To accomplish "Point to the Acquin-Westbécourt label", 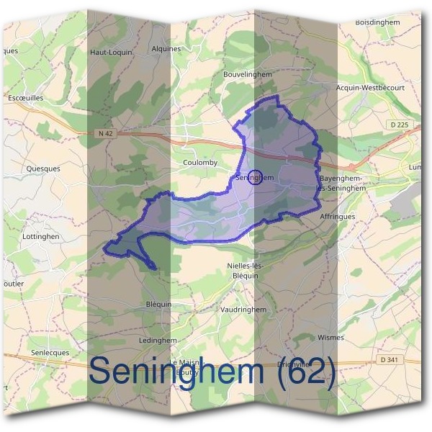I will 371,88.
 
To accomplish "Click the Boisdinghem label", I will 377,22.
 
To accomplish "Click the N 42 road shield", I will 104,133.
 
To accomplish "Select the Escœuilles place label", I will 25,97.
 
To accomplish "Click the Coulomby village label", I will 200,163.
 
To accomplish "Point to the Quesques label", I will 42,169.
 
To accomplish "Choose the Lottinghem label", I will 40,236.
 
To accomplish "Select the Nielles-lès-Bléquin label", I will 246,271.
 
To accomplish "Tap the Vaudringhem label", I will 245,310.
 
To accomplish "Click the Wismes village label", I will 330,337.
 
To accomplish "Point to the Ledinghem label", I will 158,340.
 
